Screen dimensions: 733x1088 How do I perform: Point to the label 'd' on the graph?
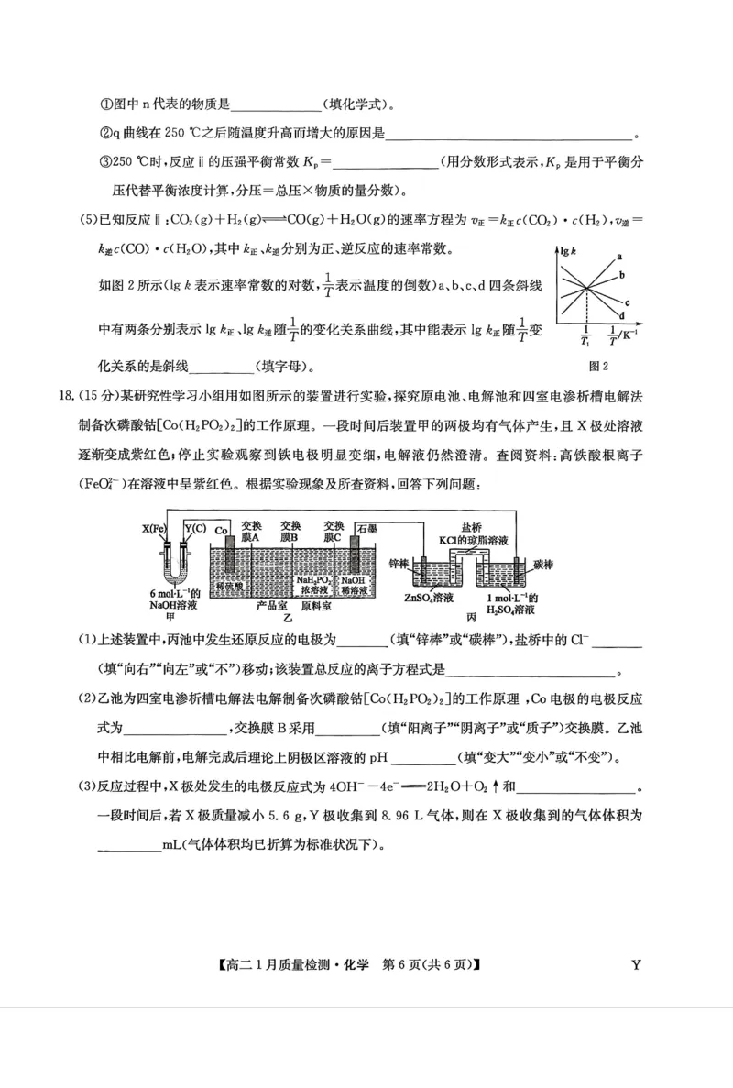coord(620,314)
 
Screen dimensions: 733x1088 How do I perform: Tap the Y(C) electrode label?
coord(195,528)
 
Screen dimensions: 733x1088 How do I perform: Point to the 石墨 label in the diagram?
coord(367,528)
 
